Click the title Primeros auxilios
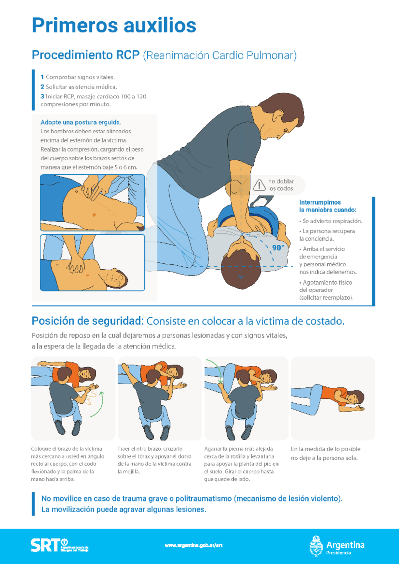point(114,25)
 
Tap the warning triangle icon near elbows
point(259,185)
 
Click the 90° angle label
point(278,248)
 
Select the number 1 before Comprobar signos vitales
point(42,77)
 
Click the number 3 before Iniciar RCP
point(42,96)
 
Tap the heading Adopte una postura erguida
point(81,122)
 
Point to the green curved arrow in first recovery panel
point(98,405)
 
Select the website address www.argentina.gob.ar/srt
point(194,545)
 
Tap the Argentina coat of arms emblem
point(316,546)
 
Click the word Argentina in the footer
point(345,545)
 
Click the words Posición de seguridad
point(87,321)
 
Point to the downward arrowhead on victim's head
point(241,277)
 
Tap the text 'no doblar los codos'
point(281,185)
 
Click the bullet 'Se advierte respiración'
point(332,221)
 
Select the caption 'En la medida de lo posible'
point(325,449)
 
